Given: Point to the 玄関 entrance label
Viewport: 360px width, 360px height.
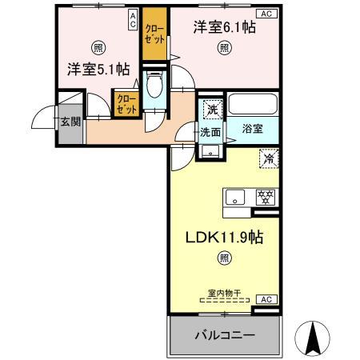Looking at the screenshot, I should coord(69,122).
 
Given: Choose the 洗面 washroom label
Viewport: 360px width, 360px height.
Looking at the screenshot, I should coord(210,132).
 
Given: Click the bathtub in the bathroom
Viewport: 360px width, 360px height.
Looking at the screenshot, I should coord(252,105).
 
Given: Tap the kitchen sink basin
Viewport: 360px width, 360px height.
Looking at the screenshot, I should coord(234,197).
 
